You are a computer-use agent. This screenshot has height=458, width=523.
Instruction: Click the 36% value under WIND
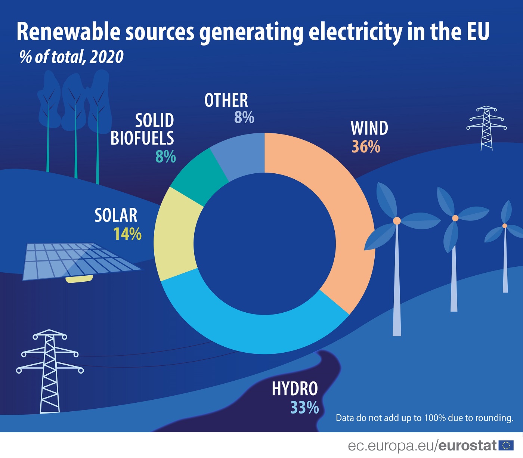[x=366, y=147]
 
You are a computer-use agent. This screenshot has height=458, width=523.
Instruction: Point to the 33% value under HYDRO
[x=304, y=408]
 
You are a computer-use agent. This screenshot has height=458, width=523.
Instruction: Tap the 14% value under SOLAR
[x=127, y=234]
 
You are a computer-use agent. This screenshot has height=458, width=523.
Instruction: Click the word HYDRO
[x=295, y=389]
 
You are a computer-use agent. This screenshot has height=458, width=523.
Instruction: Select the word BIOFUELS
[x=142, y=138]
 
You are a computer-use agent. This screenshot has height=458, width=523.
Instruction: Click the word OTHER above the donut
[x=226, y=100]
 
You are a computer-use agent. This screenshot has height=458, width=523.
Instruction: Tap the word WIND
[x=369, y=129]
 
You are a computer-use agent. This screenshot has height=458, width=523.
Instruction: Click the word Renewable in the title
[x=68, y=32]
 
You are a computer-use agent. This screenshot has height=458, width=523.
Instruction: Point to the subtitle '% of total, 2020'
[x=71, y=57]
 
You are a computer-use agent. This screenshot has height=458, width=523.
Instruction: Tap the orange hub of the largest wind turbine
[x=397, y=221]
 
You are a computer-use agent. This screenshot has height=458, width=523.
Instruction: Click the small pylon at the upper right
[x=486, y=128]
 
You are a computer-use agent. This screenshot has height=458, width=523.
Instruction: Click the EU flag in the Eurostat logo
[x=506, y=445]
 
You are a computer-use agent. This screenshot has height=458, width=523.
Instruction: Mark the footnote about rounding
[x=424, y=418]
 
